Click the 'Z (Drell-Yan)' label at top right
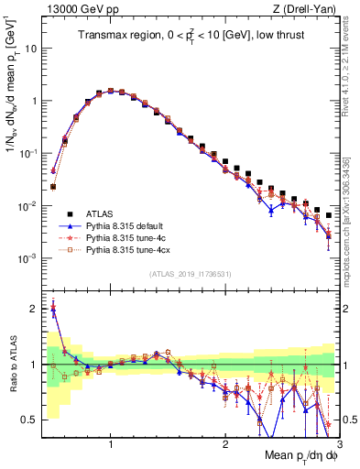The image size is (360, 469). (x=310, y=8)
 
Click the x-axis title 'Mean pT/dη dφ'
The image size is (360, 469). (x=298, y=455)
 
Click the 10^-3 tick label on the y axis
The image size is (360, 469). (x=28, y=258)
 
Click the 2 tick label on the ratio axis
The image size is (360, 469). (x=35, y=309)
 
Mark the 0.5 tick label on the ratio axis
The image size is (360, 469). (x=31, y=420)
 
